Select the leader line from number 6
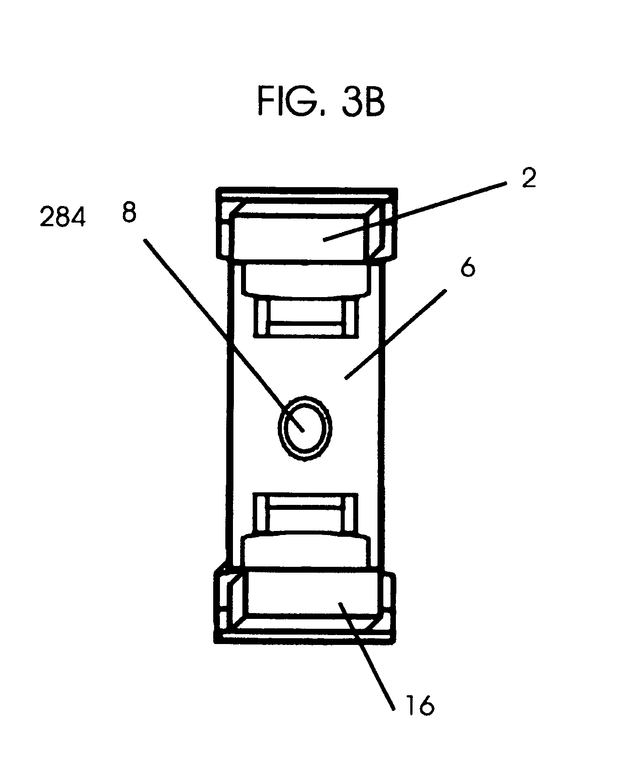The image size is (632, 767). point(395,334)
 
